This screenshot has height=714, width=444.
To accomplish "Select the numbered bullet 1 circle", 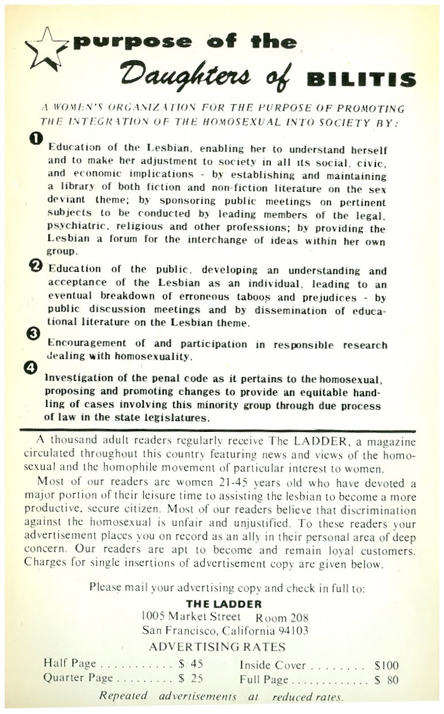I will tap(35, 138).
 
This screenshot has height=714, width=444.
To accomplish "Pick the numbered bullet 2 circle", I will tap(36, 266).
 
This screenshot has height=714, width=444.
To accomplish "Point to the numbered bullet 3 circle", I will tap(35, 333).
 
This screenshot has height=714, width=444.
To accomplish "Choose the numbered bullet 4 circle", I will tap(35, 369).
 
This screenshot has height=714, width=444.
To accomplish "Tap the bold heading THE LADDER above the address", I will tap(224, 604).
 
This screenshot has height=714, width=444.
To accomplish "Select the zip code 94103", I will tap(291, 631).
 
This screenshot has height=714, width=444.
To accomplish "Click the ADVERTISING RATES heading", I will tap(217, 647).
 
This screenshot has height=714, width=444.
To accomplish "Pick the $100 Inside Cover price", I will tap(386, 666).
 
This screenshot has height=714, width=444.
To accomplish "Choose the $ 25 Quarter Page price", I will tap(191, 678).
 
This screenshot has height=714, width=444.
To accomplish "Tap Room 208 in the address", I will tap(282, 618).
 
